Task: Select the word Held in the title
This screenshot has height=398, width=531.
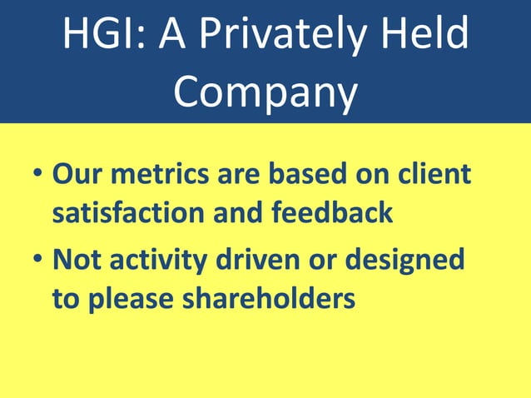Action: pos(428,36)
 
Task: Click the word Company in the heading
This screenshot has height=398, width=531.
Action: pos(265,92)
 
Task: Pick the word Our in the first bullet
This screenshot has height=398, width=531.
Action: pos(78,174)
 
